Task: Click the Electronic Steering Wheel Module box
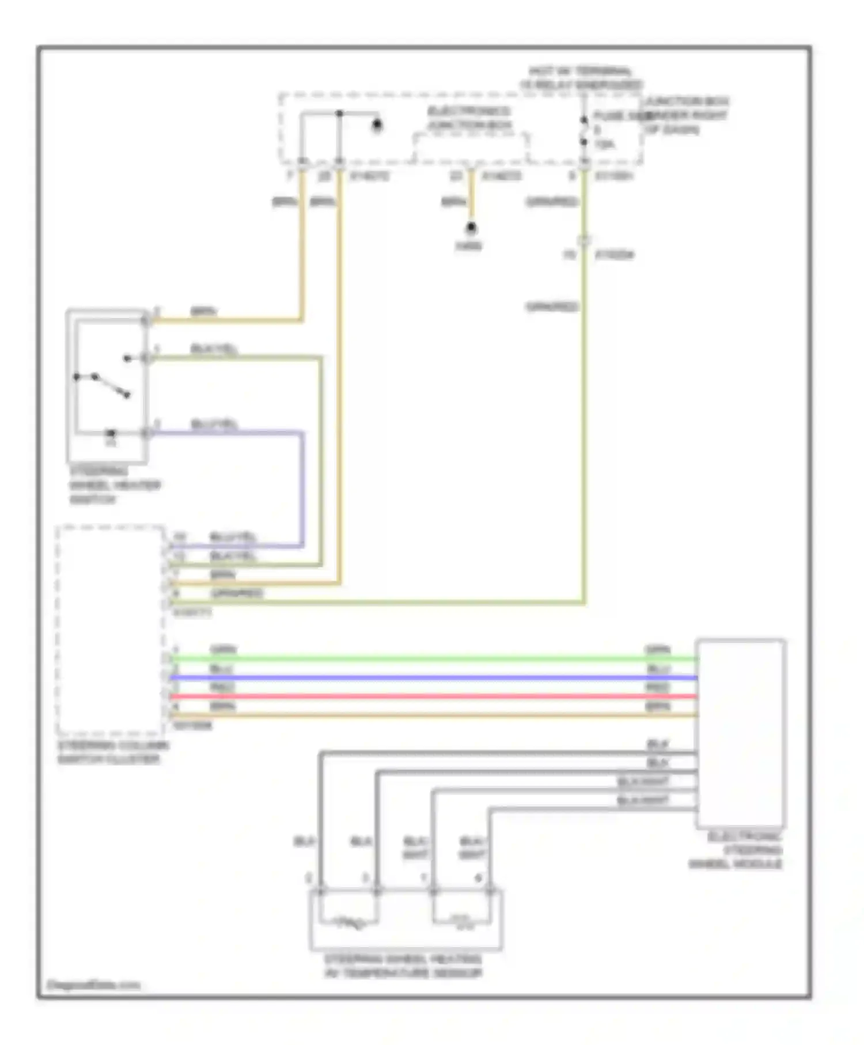[x=741, y=732]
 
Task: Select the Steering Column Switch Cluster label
[x=113, y=752]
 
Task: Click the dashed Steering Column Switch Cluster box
[x=110, y=630]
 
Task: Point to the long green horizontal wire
[x=432, y=658]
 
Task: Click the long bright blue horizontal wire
[x=432, y=677]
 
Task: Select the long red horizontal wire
[x=432, y=696]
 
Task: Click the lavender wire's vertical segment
[x=301, y=490]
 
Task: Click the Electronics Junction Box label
[x=469, y=118]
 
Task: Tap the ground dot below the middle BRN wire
[x=471, y=229]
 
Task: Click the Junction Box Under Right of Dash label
[x=685, y=115]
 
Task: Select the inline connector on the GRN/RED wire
[x=583, y=241]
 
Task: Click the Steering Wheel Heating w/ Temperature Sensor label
[x=403, y=966]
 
